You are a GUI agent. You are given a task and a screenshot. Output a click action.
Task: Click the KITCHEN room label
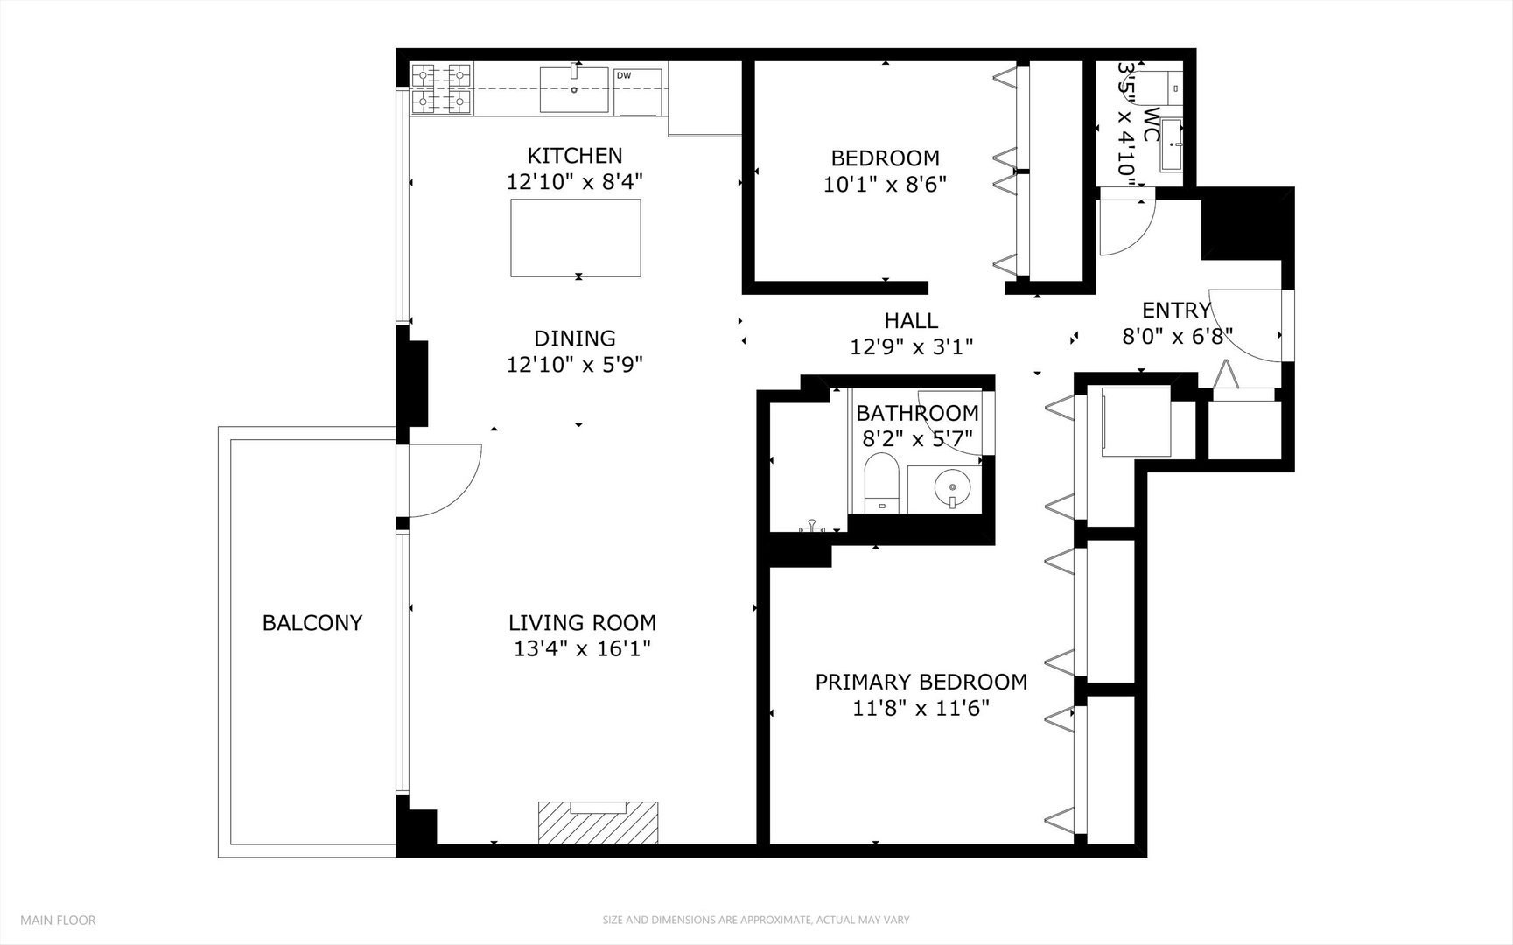(x=575, y=156)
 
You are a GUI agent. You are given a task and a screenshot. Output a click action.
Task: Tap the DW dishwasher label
(x=624, y=75)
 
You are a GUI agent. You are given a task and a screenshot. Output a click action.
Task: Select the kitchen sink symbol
(x=574, y=88)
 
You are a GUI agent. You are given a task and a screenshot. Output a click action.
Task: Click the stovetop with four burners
(x=441, y=88)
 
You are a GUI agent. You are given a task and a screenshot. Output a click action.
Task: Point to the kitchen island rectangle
(x=576, y=237)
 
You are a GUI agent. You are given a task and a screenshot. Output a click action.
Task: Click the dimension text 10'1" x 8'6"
(x=885, y=185)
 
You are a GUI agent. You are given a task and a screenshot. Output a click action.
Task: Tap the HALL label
(x=911, y=321)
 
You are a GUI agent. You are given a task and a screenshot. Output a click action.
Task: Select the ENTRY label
(x=1176, y=311)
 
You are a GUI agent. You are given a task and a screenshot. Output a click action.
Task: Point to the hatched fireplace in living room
(x=599, y=823)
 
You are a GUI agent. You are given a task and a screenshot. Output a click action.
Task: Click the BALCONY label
(x=312, y=623)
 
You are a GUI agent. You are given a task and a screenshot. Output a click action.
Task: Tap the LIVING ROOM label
(x=582, y=623)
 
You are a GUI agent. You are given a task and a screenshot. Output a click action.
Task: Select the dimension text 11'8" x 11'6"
(x=921, y=708)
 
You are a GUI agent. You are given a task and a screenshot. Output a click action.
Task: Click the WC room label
(x=1152, y=124)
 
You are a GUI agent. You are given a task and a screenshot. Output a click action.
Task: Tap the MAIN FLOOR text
(x=58, y=920)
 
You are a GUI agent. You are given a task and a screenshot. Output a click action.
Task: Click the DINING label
(x=575, y=339)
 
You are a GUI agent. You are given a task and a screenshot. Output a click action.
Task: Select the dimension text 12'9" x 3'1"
(x=911, y=347)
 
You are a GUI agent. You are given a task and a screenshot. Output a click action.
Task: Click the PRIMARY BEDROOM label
(x=921, y=682)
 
